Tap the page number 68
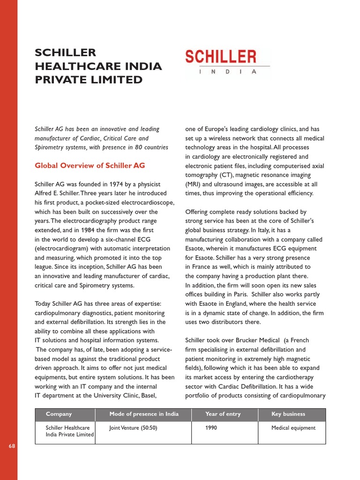point(12,446)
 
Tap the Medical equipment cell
point(293,427)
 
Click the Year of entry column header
point(223,414)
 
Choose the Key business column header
point(288,414)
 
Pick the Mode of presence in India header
point(144,414)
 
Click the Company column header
point(59,414)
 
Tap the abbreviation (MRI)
point(195,184)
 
